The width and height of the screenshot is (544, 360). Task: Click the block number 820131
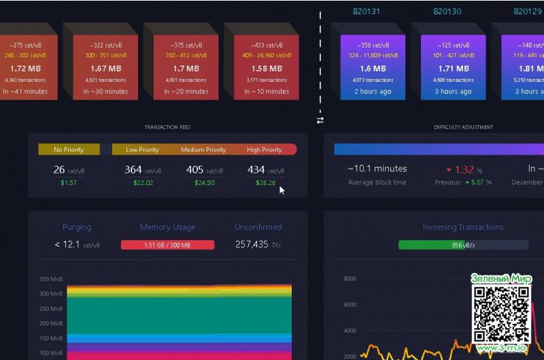tap(366, 11)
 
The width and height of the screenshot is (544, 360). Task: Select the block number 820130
tap(447, 11)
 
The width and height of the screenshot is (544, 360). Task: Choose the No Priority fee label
tap(69, 150)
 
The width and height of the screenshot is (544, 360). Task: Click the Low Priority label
tap(142, 150)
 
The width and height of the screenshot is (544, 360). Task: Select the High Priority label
tap(264, 150)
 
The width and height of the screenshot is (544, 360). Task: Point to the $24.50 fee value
tap(203, 183)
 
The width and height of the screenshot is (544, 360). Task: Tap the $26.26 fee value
tap(265, 183)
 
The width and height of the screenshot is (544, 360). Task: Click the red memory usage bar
tap(167, 245)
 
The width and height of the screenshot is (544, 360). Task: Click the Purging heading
tap(77, 227)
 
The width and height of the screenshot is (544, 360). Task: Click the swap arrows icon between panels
tap(320, 120)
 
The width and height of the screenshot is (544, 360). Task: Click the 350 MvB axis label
tap(51, 279)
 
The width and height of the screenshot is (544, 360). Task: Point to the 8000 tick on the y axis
tap(350, 278)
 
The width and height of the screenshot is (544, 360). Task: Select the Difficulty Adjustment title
tap(463, 127)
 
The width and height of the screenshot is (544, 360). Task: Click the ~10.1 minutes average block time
tap(377, 169)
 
